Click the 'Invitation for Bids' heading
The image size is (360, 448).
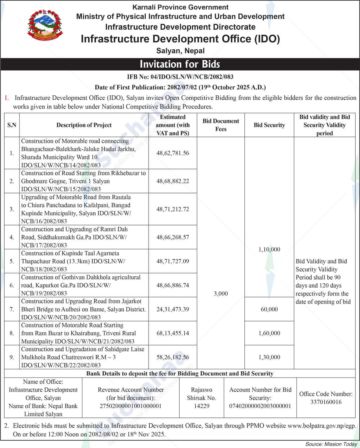(180, 64)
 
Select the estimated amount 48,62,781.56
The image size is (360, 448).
(173, 153)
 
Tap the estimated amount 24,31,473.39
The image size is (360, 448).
(173, 309)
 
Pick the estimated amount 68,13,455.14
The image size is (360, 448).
(173, 333)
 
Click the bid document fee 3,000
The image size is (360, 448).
(221, 294)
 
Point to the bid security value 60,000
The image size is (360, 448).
(269, 309)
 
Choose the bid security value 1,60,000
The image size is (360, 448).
(269, 333)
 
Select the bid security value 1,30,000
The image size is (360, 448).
(269, 357)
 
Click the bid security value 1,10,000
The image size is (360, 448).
(269, 249)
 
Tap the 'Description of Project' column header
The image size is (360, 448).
(84, 125)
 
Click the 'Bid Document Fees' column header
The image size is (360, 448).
(221, 125)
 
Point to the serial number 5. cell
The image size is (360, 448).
(12, 261)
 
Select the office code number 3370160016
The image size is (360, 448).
(326, 402)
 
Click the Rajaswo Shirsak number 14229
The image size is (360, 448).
(201, 406)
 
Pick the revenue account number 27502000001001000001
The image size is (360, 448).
(130, 406)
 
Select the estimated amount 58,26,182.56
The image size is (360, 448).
(173, 357)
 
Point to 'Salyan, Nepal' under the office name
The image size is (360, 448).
(180, 51)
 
